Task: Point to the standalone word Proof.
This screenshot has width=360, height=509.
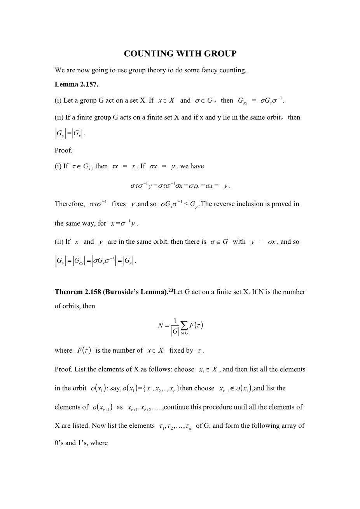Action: coord(63,150)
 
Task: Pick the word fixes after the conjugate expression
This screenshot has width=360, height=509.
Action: coord(119,204)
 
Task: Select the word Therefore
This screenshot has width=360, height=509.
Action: coord(70,204)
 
